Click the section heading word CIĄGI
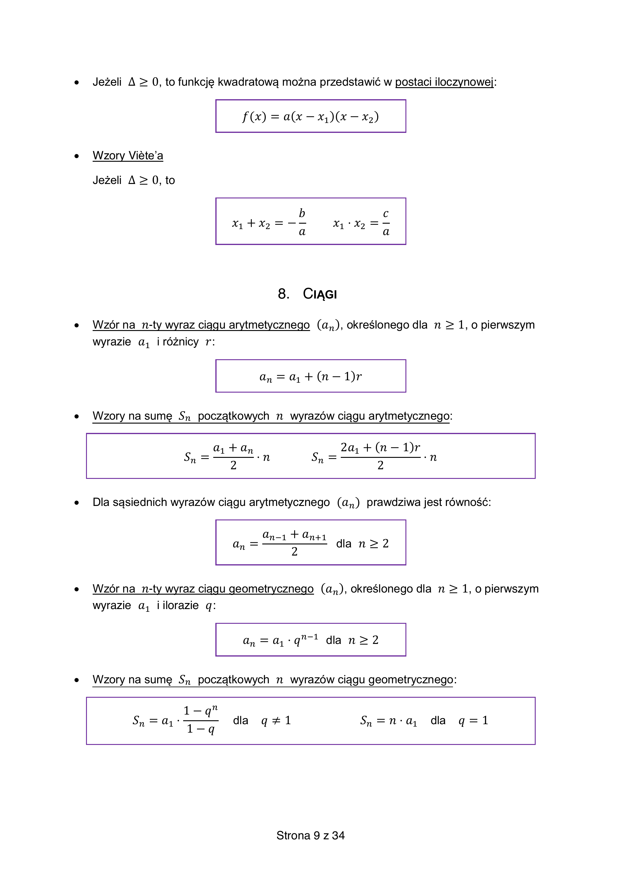click(x=320, y=294)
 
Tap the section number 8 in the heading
click(x=283, y=294)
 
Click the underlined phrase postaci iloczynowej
click(x=444, y=82)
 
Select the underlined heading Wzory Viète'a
click(x=128, y=155)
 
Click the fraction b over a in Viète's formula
click(x=302, y=222)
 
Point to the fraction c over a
click(x=386, y=222)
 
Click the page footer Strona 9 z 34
click(x=311, y=835)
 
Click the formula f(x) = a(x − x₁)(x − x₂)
click(x=311, y=116)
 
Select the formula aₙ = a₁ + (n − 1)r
click(x=311, y=376)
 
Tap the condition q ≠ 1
click(x=276, y=721)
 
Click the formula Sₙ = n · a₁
click(x=388, y=721)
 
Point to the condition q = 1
click(x=473, y=721)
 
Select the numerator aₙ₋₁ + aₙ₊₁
click(x=294, y=535)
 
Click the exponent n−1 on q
click(x=309, y=637)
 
